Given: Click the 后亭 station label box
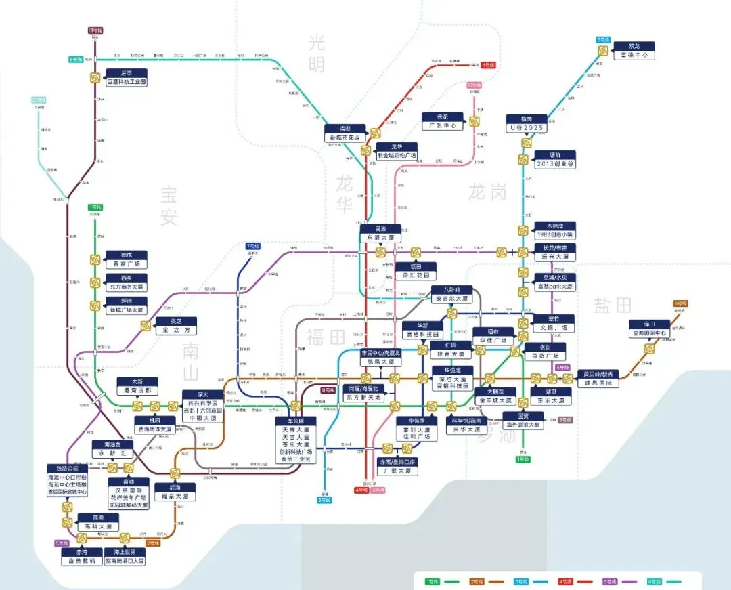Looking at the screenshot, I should [x=127, y=77].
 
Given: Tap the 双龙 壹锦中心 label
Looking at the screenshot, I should [x=634, y=51].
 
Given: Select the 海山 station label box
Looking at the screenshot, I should [x=648, y=329].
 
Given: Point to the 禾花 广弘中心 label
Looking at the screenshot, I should [x=440, y=121].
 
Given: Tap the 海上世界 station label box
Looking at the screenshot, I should [x=125, y=557].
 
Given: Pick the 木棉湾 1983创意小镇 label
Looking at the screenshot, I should [x=554, y=230].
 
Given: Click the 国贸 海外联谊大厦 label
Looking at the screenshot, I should [x=523, y=421].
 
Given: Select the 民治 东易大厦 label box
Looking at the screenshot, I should [x=380, y=234].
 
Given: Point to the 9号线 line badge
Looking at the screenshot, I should [x=565, y=420].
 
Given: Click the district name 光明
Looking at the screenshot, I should [x=316, y=54].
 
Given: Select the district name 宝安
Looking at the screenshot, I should [x=169, y=207].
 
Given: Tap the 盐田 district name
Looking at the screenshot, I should [x=612, y=305].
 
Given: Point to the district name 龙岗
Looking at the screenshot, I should [x=487, y=192].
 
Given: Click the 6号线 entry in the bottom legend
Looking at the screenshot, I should [x=655, y=581].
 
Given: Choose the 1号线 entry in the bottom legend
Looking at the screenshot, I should [x=431, y=581].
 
